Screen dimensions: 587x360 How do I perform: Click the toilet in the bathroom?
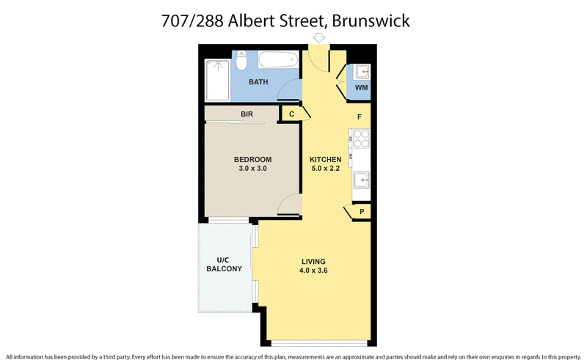[x=242, y=60]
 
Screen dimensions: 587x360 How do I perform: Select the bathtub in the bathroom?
[x=278, y=60]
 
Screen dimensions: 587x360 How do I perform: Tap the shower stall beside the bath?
[x=217, y=80]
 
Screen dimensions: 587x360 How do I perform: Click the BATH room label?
[x=258, y=82]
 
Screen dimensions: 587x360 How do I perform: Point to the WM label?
[x=361, y=87]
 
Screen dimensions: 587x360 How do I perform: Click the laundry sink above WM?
[x=362, y=71]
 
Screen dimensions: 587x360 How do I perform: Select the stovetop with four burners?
[x=361, y=139]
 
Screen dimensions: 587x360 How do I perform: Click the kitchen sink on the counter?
[x=361, y=180]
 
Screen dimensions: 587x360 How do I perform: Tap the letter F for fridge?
[x=360, y=117]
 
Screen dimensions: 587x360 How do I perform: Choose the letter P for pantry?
[x=362, y=212]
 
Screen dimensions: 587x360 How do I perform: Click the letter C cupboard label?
[x=291, y=114]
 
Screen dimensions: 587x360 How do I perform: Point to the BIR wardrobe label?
[x=247, y=114]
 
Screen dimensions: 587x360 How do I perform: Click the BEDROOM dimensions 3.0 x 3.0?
[x=252, y=169]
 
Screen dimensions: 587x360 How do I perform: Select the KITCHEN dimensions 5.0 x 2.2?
[x=326, y=169]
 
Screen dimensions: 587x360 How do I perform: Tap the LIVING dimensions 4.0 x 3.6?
[x=313, y=271]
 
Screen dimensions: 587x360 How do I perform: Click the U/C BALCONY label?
[x=224, y=264]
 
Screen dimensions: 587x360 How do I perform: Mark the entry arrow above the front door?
[x=319, y=38]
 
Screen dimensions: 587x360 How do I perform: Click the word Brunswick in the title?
[x=371, y=21]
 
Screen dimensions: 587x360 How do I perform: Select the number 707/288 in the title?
[x=192, y=21]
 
